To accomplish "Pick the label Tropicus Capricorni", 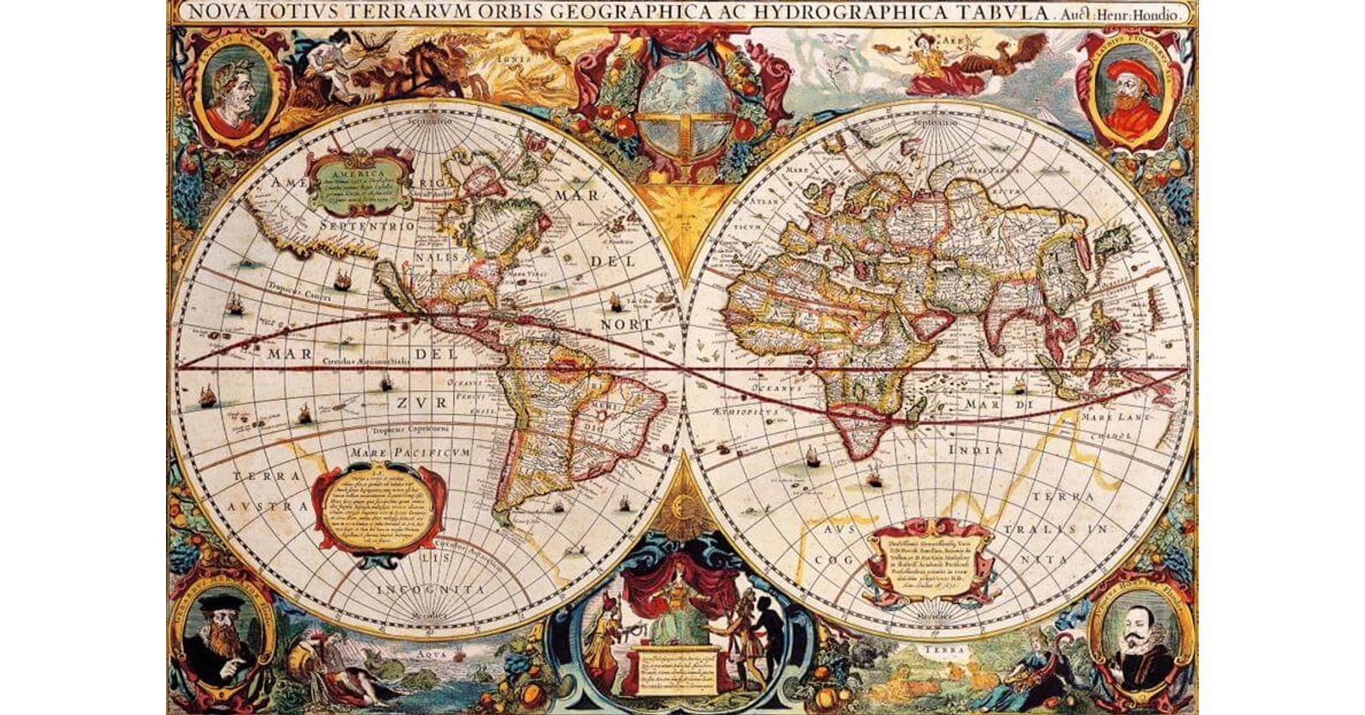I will [x=412, y=428].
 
